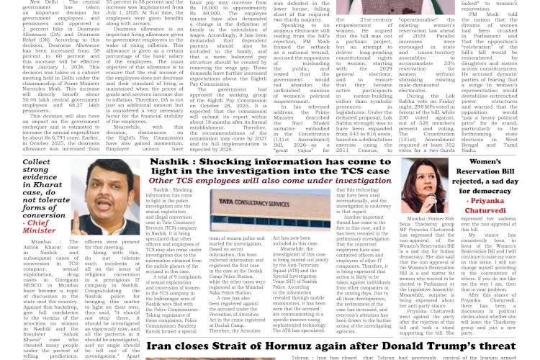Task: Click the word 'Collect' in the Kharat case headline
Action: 36,163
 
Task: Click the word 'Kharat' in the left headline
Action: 42,184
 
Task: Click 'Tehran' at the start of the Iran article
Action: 300,357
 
